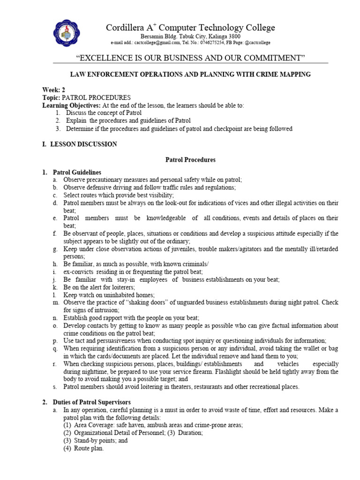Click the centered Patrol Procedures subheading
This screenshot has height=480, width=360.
coord(190,160)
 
